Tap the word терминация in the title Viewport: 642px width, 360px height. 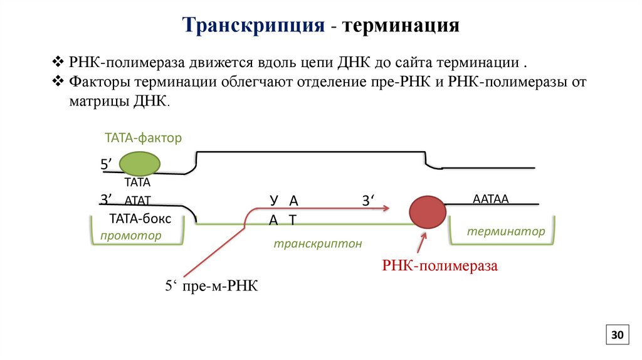(401, 26)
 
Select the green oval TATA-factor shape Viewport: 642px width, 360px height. (140, 164)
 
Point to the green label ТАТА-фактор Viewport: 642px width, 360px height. (143, 137)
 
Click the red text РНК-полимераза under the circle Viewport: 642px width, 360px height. (439, 266)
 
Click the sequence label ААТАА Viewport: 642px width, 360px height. (490, 199)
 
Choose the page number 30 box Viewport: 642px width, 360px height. (616, 336)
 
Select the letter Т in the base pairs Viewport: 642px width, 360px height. (292, 219)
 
